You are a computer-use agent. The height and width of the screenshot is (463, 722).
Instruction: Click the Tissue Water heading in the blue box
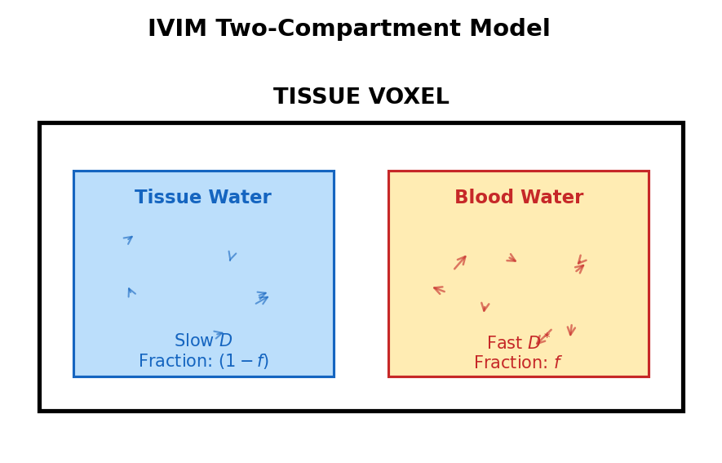[x=202, y=198]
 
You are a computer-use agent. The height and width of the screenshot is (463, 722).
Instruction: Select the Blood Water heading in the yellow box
[x=519, y=198]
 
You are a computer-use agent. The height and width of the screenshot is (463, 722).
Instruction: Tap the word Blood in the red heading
[x=479, y=198]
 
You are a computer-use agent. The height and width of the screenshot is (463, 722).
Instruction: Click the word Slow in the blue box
[x=193, y=341]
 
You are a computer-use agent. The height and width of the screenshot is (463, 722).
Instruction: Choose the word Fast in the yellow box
[x=504, y=344]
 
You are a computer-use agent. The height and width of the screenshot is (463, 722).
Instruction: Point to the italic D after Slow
[x=226, y=341]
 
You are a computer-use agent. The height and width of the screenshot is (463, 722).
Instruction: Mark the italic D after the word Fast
[x=534, y=344]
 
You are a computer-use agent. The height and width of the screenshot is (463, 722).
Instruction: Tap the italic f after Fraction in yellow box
[x=557, y=363]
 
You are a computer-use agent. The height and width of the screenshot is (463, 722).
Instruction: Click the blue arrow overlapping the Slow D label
[x=218, y=334]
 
